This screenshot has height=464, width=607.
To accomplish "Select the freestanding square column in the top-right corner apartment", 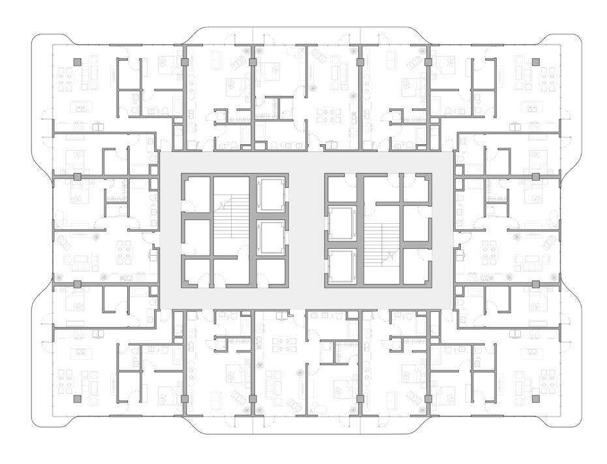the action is point(535,63).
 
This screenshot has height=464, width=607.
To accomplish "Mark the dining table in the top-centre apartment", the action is point(327,116).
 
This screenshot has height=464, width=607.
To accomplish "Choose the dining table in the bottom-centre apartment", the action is point(283,344).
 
